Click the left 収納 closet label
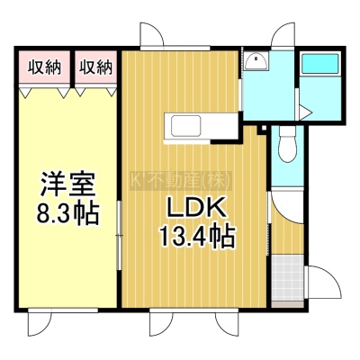click(44, 67)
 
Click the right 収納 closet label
click(96, 67)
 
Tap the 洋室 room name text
click(67, 184)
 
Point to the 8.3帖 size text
click(67, 214)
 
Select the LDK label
click(196, 208)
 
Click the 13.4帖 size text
click(197, 236)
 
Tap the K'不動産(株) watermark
click(181, 181)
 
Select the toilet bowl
click(287, 144)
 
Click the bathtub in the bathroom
click(319, 63)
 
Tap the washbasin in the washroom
click(256, 61)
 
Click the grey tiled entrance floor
click(287, 278)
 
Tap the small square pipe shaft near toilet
click(264, 129)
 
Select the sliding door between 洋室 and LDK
click(120, 236)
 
